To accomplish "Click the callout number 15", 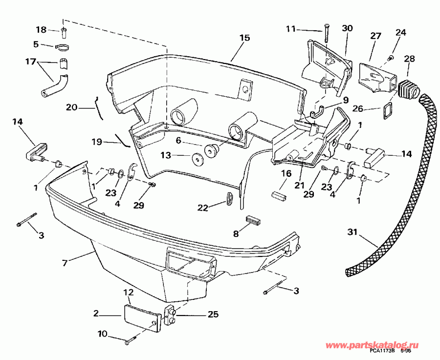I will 244,38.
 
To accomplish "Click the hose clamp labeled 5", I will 63,47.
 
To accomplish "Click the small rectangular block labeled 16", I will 279,193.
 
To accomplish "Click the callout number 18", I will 41,30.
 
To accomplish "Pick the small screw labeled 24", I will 391,59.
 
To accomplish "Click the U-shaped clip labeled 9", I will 317,110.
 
